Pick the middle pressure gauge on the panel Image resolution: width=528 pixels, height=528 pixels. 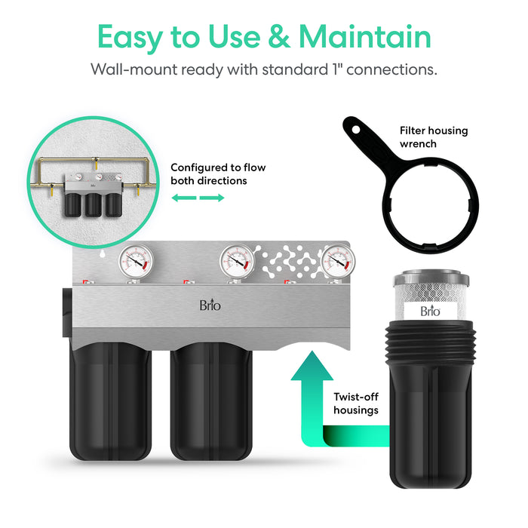235,262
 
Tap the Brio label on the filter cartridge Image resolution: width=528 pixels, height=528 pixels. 430,310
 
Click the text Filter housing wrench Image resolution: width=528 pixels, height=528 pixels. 433,137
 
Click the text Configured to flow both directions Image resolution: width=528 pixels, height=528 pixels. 217,174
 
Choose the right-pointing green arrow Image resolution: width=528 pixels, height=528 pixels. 212,198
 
